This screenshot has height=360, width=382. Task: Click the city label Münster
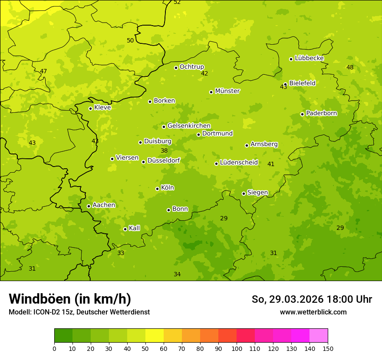click(227, 91)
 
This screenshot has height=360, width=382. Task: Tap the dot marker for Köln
click(157, 189)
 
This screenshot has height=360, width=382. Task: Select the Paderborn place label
click(321, 113)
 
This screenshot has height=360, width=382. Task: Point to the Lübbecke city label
click(309, 58)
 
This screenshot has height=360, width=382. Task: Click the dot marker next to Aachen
click(89, 206)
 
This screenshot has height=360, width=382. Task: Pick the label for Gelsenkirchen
click(189, 126)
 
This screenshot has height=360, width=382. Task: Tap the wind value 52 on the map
click(177, 2)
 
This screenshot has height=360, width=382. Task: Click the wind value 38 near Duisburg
click(164, 151)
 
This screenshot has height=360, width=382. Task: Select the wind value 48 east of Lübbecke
click(350, 67)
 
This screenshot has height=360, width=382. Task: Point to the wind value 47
click(43, 71)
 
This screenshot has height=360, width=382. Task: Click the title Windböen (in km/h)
click(70, 299)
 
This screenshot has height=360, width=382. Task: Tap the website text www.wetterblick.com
click(313, 312)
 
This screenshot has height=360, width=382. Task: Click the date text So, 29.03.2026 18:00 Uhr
click(312, 299)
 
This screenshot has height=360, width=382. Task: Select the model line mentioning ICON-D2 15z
click(79, 312)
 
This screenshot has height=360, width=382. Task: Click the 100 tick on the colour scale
click(237, 348)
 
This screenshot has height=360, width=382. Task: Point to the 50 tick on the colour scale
click(145, 348)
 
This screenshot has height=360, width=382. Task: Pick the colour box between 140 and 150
click(319, 336)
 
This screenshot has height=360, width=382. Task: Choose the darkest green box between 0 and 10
click(63, 336)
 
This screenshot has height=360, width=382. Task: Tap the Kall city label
click(134, 228)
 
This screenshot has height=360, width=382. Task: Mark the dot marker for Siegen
click(244, 193)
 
